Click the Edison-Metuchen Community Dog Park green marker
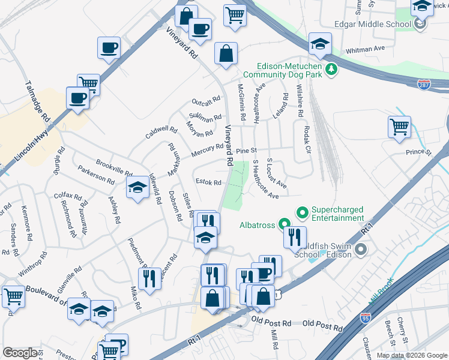pos(330,71)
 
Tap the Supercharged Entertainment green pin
pos(303,212)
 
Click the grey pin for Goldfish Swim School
pos(360,248)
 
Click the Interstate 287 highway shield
pos(424,85)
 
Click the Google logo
pos(20,353)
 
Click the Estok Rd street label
pos(209,182)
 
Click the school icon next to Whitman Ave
pos(321,43)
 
